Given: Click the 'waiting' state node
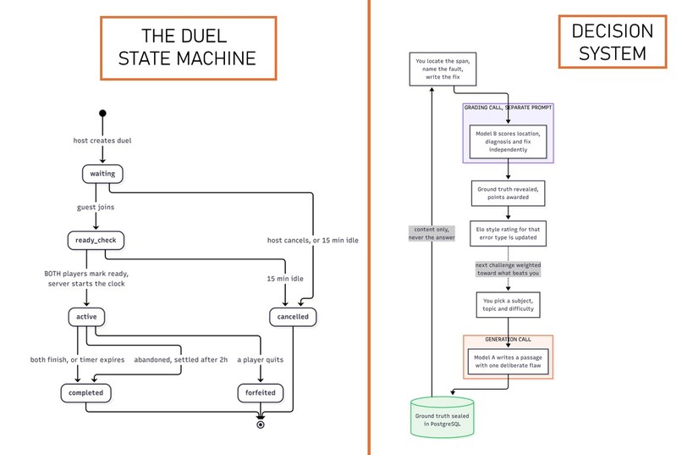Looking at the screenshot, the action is pyautogui.click(x=102, y=174).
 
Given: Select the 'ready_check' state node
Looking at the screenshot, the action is pyautogui.click(x=96, y=241).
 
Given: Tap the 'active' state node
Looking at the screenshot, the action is pyautogui.click(x=86, y=317).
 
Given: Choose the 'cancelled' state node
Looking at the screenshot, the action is pyautogui.click(x=293, y=317).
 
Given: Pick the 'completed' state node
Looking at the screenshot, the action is pyautogui.click(x=85, y=393).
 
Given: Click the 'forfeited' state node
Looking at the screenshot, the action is pyautogui.click(x=261, y=393).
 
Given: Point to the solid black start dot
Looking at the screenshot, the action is pyautogui.click(x=102, y=114).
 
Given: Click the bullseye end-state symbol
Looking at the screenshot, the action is pyautogui.click(x=261, y=424).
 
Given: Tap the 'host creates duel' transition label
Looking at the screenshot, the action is pyautogui.click(x=102, y=141).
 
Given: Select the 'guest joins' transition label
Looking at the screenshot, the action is pyautogui.click(x=96, y=208).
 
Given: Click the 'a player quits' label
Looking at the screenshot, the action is pyautogui.click(x=260, y=359).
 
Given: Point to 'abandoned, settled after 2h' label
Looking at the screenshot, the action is pyautogui.click(x=180, y=359).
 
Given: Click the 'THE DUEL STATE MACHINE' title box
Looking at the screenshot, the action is pyautogui.click(x=189, y=48).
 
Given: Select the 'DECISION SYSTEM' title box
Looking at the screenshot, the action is pyautogui.click(x=613, y=42).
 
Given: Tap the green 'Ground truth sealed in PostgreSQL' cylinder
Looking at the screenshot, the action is pyautogui.click(x=443, y=417).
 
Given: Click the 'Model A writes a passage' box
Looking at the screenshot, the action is pyautogui.click(x=508, y=362).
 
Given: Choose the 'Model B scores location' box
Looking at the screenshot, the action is pyautogui.click(x=508, y=141).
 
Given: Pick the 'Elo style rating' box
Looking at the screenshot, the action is pyautogui.click(x=508, y=233).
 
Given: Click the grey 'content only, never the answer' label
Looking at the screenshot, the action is pyautogui.click(x=432, y=233).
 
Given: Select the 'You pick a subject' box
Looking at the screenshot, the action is pyautogui.click(x=508, y=305).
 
